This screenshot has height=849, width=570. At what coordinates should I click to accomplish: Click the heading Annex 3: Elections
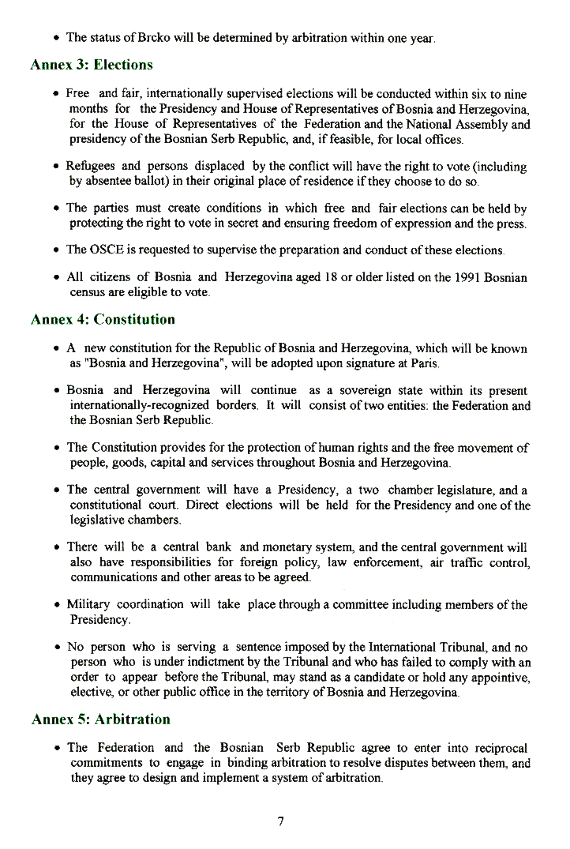tap(92, 65)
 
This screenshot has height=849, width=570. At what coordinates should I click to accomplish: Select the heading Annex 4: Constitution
tap(103, 320)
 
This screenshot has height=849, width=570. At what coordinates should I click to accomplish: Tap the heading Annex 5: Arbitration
tap(101, 719)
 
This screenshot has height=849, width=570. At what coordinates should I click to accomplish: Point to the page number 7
tap(281, 821)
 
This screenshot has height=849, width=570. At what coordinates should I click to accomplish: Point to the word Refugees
tap(91, 167)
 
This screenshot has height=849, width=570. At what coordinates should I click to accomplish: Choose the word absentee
tap(113, 181)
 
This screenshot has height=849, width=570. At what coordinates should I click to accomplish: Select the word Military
tap(88, 605)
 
